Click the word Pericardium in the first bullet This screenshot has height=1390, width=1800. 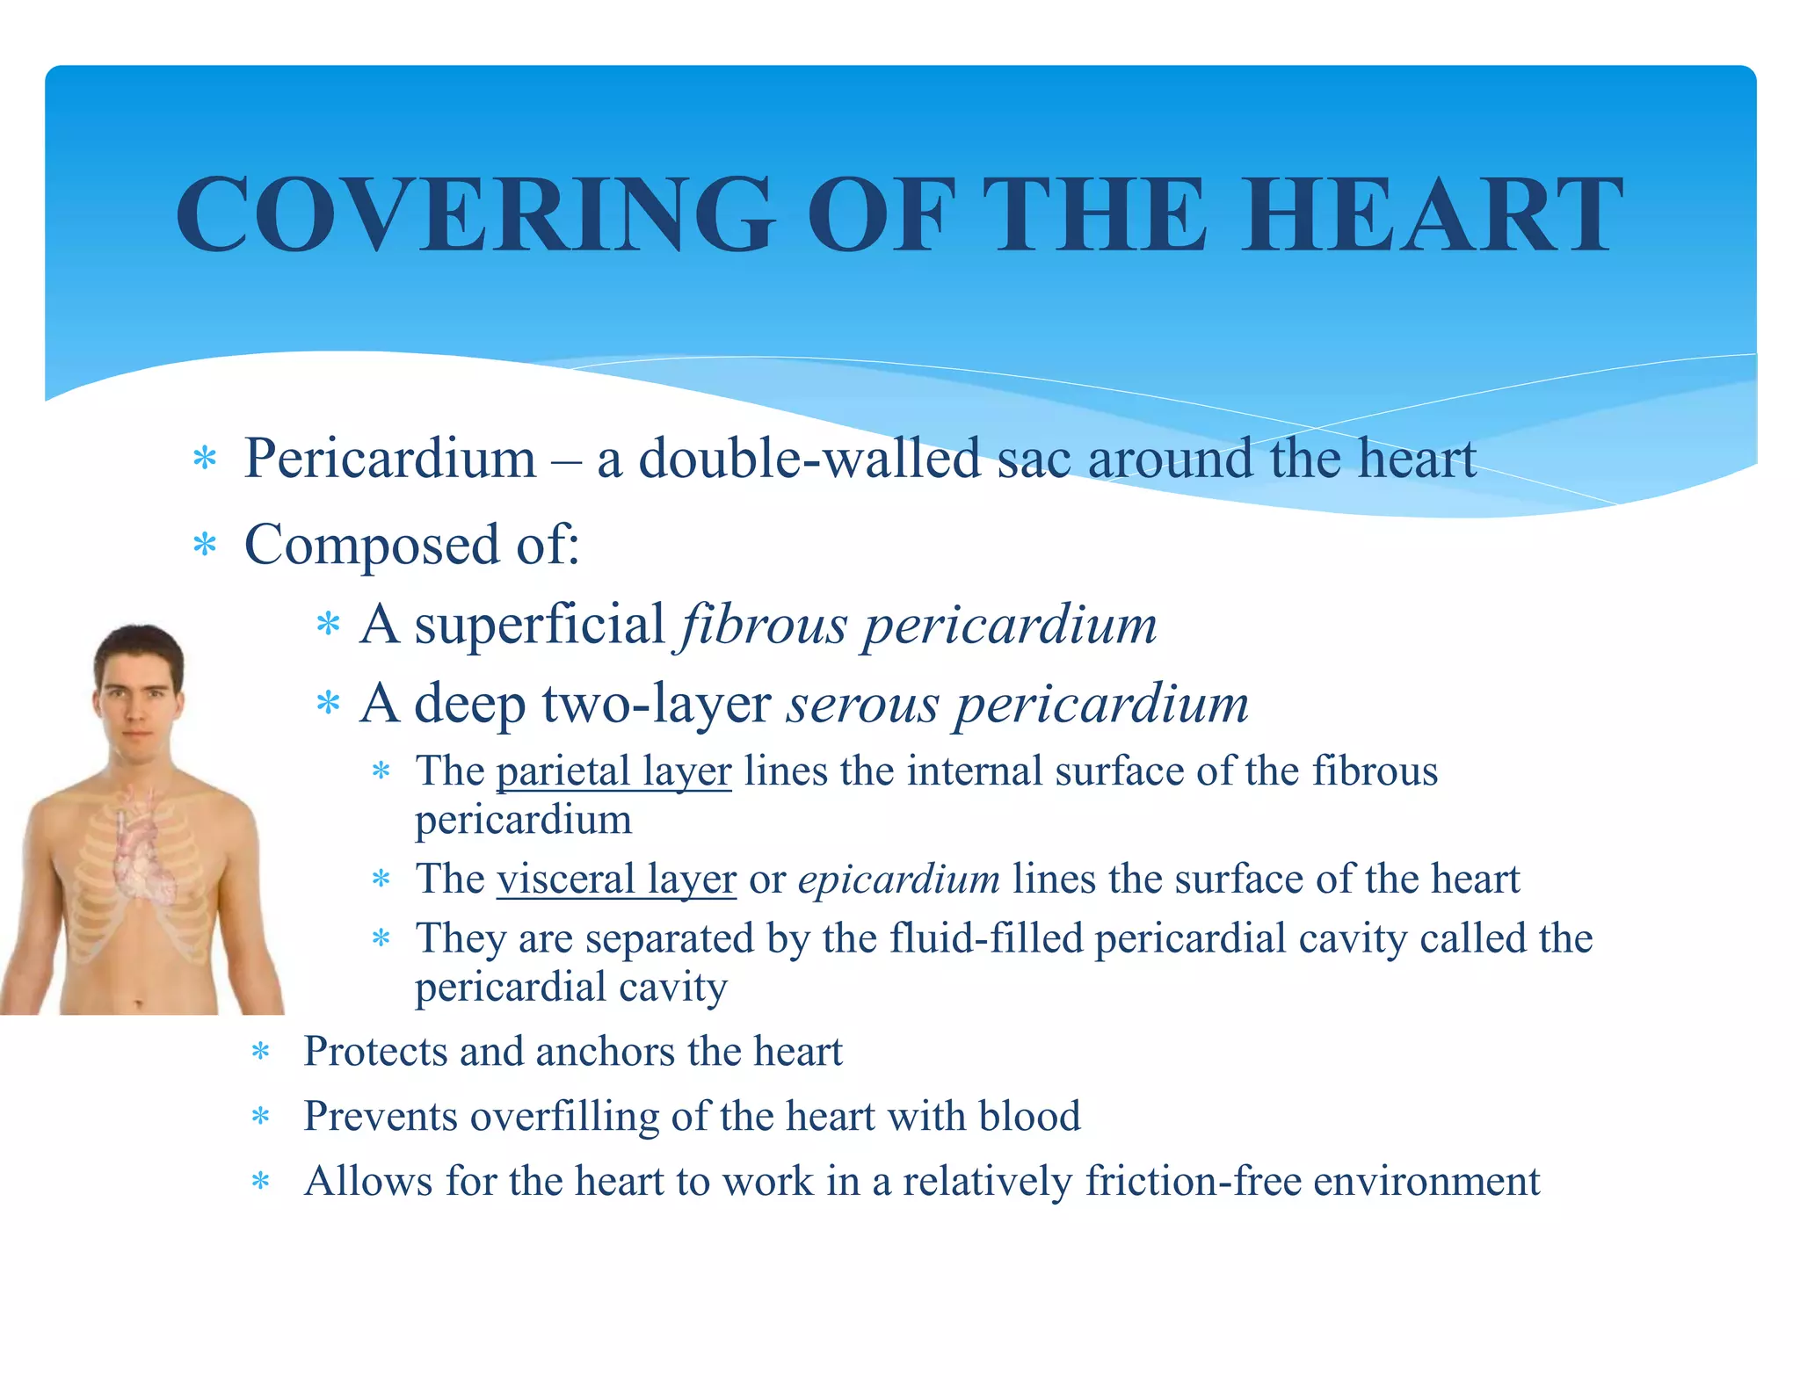[390, 459]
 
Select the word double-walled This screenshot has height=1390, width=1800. [809, 459]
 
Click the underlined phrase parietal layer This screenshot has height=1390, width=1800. [613, 771]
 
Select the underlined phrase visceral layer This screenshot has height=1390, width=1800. [616, 879]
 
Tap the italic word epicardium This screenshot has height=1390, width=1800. [898, 879]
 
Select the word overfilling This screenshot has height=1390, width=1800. [564, 1116]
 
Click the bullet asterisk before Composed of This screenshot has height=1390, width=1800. [205, 546]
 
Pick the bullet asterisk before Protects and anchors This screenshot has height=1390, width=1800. [260, 1052]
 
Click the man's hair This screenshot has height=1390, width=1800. [139, 646]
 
